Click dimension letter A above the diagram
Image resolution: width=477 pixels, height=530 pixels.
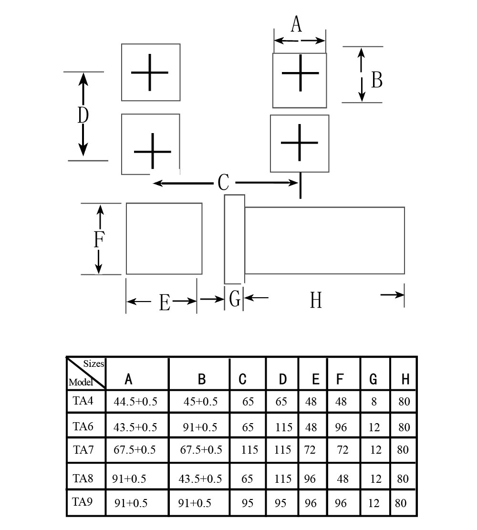click(296, 24)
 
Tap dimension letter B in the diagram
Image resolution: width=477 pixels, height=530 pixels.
click(377, 80)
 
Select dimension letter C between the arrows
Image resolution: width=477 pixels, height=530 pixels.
click(223, 183)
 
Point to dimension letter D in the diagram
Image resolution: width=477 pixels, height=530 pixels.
click(83, 115)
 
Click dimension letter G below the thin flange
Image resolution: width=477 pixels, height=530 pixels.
click(235, 299)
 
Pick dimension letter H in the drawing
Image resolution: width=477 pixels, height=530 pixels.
click(316, 300)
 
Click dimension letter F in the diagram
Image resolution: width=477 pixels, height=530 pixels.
click(99, 239)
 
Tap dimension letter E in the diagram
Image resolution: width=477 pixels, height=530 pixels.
click(165, 302)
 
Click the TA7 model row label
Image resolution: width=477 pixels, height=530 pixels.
click(83, 450)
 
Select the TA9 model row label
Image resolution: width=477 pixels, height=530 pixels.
click(83, 501)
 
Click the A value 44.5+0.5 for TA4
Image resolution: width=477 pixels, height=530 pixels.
click(135, 402)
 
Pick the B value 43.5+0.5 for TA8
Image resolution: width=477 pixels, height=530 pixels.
click(200, 478)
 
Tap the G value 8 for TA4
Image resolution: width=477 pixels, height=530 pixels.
click(374, 402)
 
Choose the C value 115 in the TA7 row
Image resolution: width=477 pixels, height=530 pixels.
click(249, 450)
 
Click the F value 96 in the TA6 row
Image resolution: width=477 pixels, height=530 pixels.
click(341, 427)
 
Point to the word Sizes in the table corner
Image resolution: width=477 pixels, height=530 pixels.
click(93, 364)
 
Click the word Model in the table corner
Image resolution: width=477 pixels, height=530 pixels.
click(81, 382)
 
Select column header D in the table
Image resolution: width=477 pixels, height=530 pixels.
click(283, 379)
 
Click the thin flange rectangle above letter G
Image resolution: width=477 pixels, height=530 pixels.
click(235, 239)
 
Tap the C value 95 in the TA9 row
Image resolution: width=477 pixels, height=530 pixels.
click(248, 503)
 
